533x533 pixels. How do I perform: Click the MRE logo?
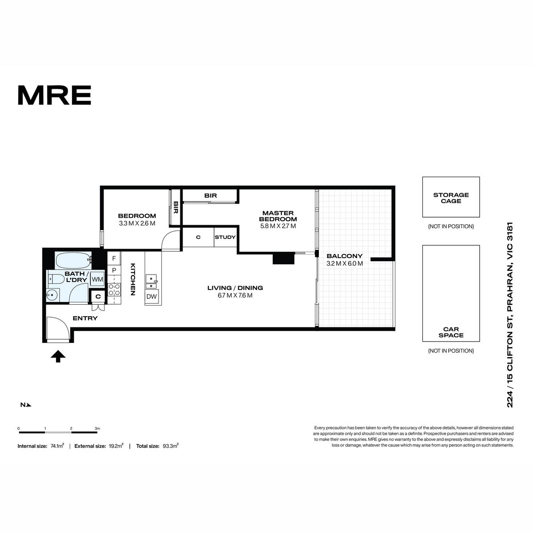(x=55, y=95)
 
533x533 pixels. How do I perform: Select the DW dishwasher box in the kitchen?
(x=151, y=297)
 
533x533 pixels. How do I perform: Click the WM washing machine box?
(x=97, y=279)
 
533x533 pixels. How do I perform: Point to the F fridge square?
(x=114, y=259)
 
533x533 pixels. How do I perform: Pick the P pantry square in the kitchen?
(x=114, y=270)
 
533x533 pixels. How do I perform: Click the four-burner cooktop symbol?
(x=114, y=289)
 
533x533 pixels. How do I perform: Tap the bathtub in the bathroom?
(x=74, y=259)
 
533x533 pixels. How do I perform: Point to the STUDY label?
(x=225, y=237)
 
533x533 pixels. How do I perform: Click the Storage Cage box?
(x=451, y=197)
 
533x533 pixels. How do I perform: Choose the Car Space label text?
(x=451, y=332)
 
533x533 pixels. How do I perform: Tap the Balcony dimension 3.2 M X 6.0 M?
(x=345, y=263)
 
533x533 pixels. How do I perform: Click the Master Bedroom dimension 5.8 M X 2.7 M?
(x=278, y=226)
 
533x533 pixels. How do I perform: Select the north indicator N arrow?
(x=26, y=405)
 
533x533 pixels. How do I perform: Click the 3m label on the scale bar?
(x=97, y=429)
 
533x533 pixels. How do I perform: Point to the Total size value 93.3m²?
(x=171, y=446)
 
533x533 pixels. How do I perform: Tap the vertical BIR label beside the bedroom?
(x=175, y=207)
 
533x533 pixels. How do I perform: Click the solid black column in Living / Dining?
(x=283, y=259)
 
